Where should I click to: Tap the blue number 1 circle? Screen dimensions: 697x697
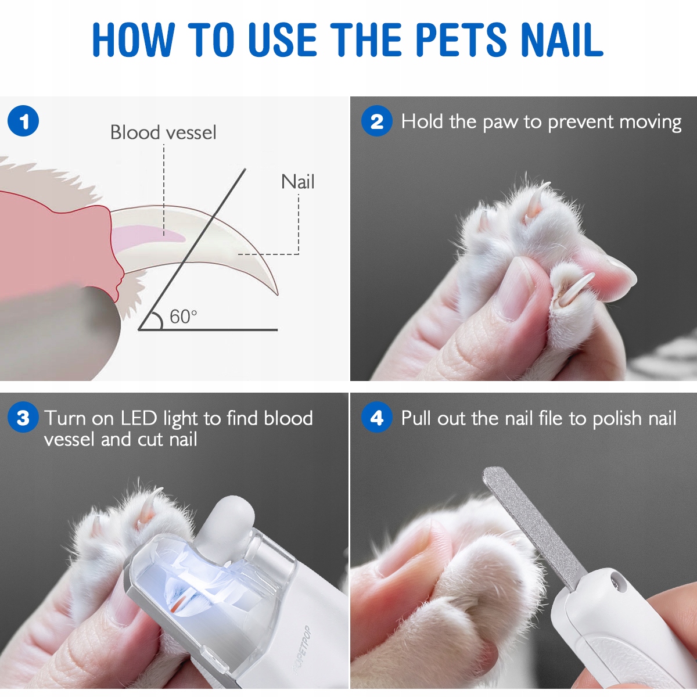point(23,121)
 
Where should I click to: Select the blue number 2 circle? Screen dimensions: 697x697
point(377,121)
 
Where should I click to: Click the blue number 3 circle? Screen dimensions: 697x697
point(23,418)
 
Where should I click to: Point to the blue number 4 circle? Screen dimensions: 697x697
point(377,418)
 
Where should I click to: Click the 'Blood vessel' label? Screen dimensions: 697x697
point(163,132)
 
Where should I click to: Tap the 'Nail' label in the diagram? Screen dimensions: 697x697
point(298,182)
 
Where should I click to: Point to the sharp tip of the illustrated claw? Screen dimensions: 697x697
point(277,294)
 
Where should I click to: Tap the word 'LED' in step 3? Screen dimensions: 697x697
point(139,418)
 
